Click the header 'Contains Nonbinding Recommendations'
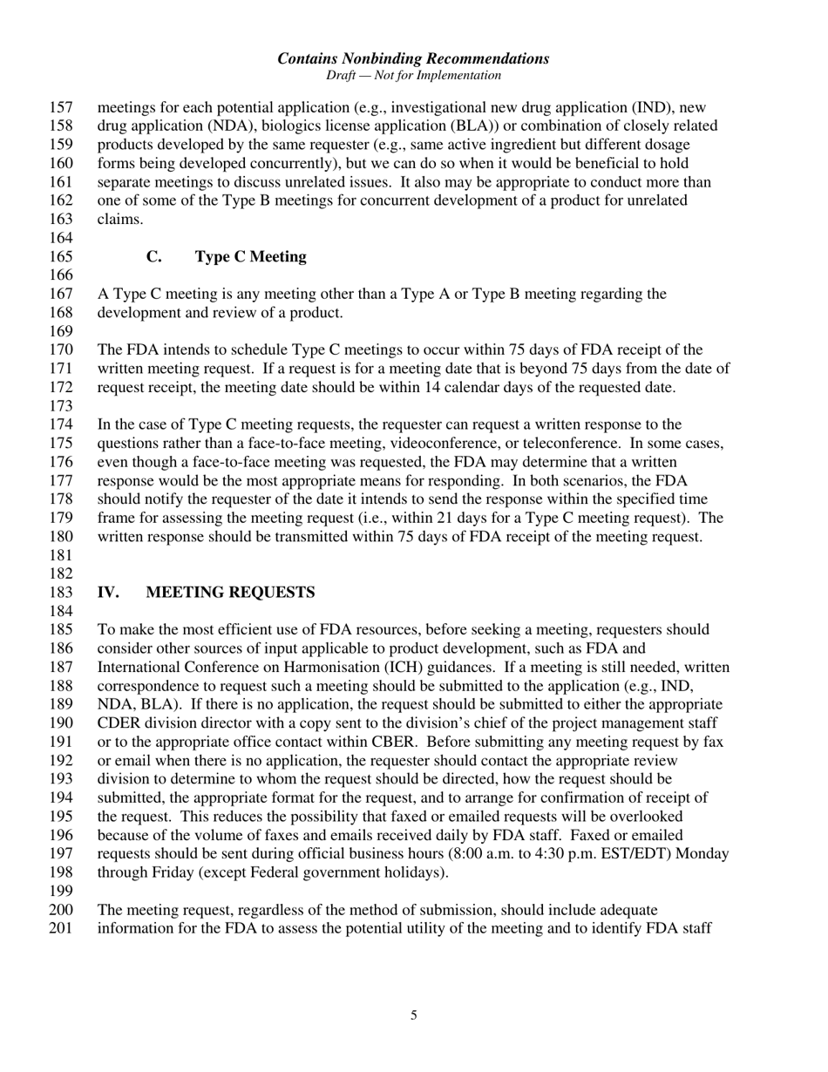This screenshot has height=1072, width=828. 413,58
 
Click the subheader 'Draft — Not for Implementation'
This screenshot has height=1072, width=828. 413,76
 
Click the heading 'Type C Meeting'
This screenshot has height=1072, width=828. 250,257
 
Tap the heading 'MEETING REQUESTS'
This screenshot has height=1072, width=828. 230,593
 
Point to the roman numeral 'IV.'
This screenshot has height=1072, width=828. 108,593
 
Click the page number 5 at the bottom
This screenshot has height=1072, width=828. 414,1014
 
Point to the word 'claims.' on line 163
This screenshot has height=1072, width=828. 120,220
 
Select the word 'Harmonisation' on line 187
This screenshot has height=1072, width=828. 338,668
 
